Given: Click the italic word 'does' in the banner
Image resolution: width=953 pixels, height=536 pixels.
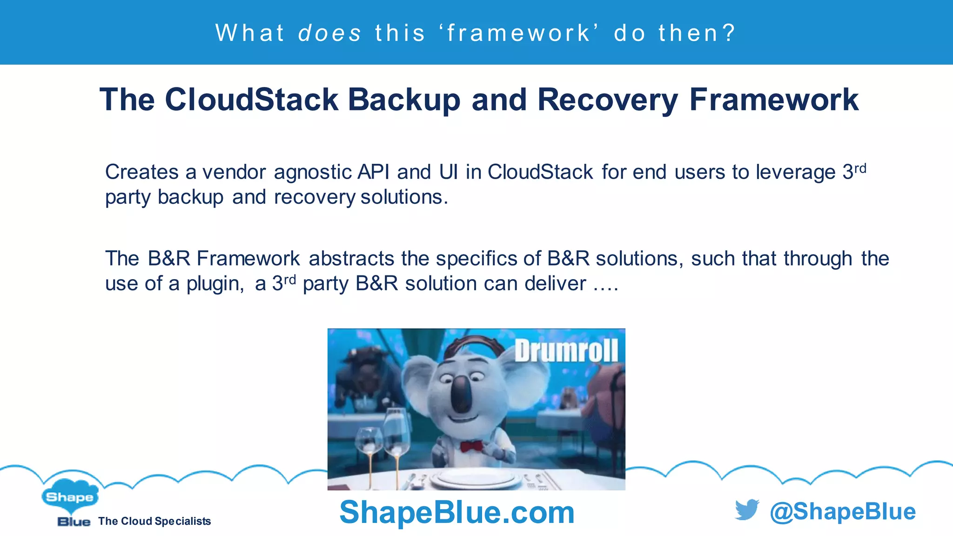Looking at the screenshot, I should click(x=329, y=33).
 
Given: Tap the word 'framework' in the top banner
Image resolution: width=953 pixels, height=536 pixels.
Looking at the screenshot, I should click(x=518, y=33).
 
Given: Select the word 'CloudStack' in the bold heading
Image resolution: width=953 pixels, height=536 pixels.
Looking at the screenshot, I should click(x=251, y=100).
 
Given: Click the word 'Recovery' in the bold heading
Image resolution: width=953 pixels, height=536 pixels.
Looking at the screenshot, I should click(x=608, y=100).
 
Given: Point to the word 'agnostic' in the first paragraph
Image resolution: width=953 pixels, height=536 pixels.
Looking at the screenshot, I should click(x=315, y=173).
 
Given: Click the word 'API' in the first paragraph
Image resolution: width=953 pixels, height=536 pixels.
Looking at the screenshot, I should click(x=373, y=172).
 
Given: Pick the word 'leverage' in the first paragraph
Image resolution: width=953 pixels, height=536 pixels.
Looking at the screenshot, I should click(x=796, y=173).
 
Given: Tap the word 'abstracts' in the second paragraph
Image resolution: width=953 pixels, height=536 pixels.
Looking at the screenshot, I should click(x=351, y=259).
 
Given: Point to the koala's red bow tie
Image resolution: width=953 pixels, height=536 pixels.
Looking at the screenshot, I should click(x=471, y=447).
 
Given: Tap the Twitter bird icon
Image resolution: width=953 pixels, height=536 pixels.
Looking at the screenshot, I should click(x=746, y=510).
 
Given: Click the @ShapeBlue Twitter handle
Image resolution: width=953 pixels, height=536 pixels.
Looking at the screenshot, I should click(x=842, y=511).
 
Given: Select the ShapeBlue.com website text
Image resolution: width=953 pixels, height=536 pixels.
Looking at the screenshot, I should click(x=456, y=512).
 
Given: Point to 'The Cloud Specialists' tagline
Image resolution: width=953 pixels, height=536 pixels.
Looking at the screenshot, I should click(x=154, y=521).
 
